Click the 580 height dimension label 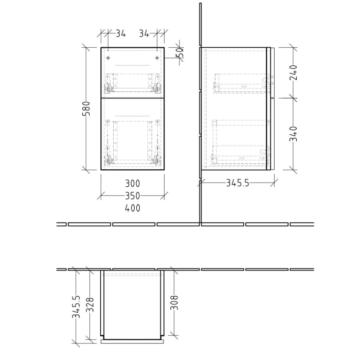[86, 109]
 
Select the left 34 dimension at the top [120, 34]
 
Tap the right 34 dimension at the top [144, 34]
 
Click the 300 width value [132, 184]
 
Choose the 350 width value [132, 196]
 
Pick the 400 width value [132, 208]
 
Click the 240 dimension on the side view [294, 73]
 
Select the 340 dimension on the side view [294, 134]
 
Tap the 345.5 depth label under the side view [238, 183]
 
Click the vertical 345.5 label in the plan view [76, 307]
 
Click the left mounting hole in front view [108, 58]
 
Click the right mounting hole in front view [157, 58]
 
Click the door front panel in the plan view [132, 340]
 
